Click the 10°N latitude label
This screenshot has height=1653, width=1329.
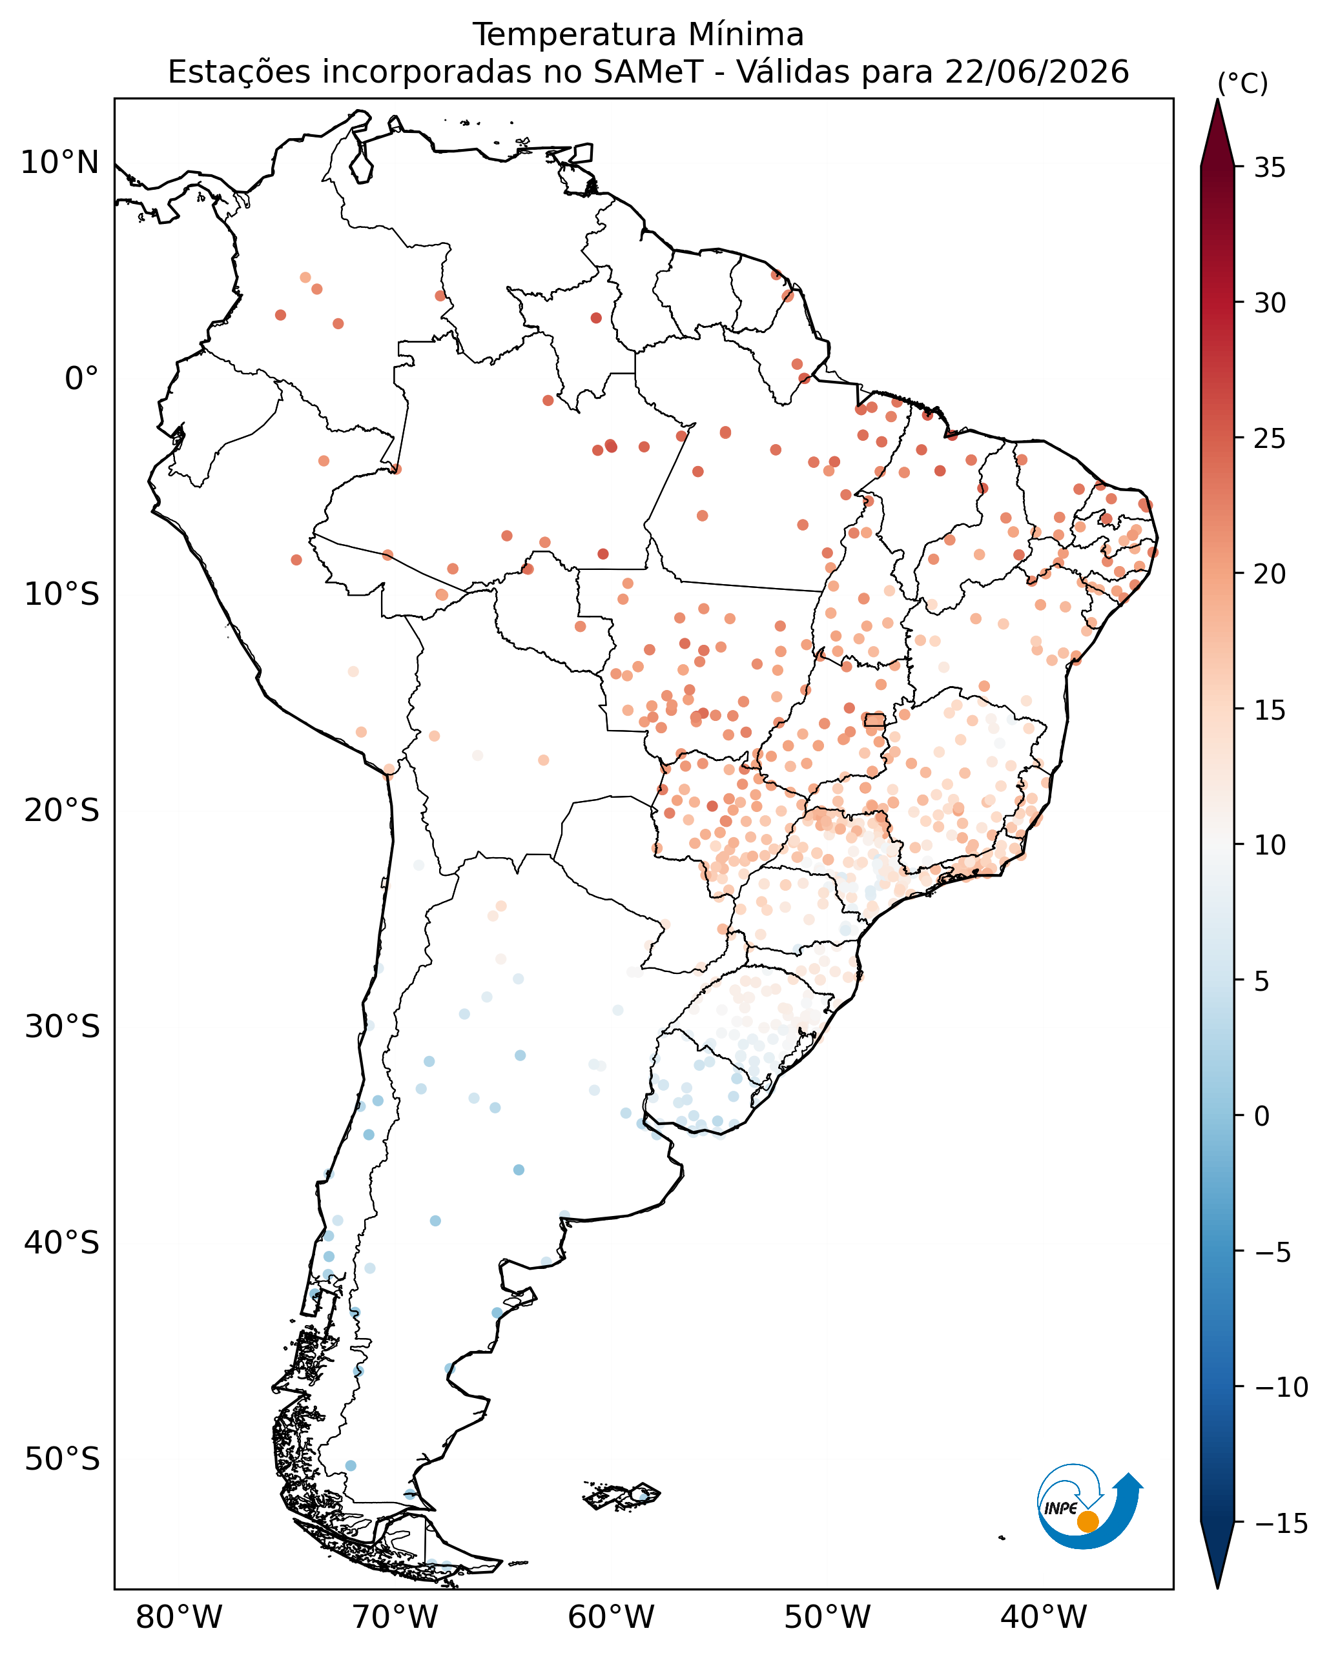point(60,163)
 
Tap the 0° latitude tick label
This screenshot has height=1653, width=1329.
point(82,379)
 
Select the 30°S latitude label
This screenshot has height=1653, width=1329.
point(62,1027)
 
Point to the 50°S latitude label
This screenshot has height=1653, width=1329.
point(62,1459)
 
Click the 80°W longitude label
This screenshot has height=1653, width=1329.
point(179,1617)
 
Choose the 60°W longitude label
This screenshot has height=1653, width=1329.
point(611,1617)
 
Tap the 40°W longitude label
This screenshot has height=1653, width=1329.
point(1044,1617)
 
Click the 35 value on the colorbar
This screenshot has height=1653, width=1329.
point(1269,168)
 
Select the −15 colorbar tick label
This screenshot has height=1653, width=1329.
point(1281,1523)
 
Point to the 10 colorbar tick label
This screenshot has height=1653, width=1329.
point(1269,846)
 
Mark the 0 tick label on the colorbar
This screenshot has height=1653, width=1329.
point(1261,1117)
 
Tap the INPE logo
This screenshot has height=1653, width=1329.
point(1089,1508)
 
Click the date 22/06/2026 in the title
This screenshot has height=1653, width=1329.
point(1037,72)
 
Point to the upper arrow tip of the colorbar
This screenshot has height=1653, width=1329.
point(1217,99)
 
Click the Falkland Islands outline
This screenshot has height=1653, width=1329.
point(622,1496)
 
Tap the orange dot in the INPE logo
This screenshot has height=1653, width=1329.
point(1087,1522)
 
